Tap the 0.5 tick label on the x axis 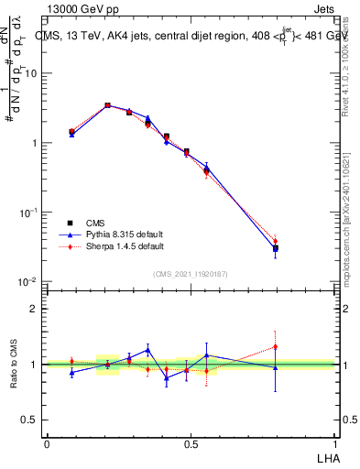click(x=191, y=443)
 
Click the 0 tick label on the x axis click(x=47, y=443)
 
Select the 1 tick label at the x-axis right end click(x=334, y=443)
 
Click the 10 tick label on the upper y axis click(x=31, y=74)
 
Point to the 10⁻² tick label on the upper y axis click(x=29, y=281)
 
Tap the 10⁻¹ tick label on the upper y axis click(x=29, y=213)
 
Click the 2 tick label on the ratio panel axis click(x=35, y=309)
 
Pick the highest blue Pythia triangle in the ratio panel click(x=147, y=349)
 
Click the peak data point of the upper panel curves click(x=107, y=105)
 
